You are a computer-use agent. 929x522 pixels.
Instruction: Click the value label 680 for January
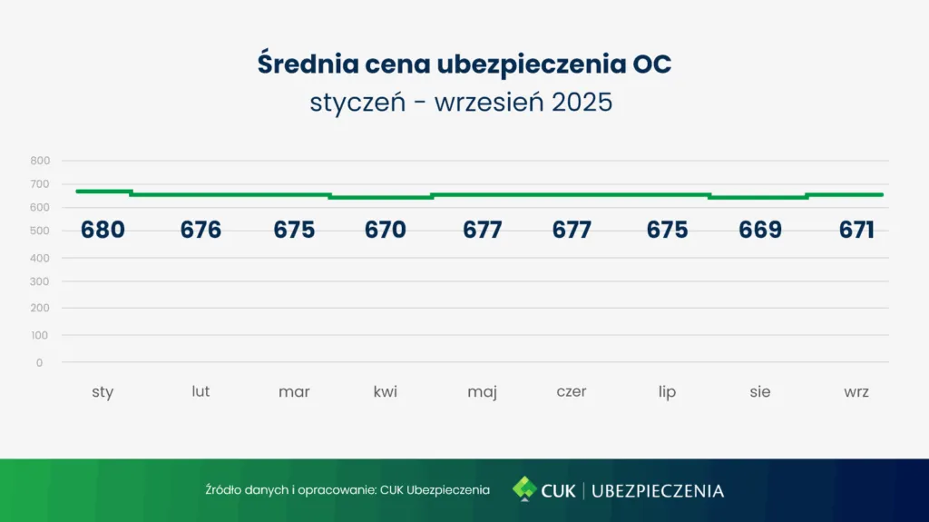pos(103,231)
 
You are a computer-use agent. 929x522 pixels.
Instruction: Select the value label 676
pos(200,231)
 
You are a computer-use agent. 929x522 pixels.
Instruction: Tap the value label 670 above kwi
pos(386,231)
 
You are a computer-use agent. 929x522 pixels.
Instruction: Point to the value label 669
pos(760,231)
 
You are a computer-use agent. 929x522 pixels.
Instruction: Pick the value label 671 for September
pos(856,231)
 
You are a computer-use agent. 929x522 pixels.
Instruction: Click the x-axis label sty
pos(103,392)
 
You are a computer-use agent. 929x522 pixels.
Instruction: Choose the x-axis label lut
pos(200,391)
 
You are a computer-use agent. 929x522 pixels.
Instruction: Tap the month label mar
pos(294,392)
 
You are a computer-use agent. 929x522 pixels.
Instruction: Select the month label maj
pos(482,393)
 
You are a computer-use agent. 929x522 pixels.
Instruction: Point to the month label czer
pos(572,392)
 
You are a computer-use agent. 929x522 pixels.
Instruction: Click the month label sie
pos(760,392)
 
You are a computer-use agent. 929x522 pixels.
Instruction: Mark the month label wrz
pos(856,392)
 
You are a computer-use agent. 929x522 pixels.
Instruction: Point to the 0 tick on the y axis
pos(40,362)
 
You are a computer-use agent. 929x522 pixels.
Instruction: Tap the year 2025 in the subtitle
pos(582,102)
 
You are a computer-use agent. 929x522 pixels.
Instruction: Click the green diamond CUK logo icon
pos(523,489)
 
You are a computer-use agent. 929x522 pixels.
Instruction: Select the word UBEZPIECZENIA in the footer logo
pos(658,491)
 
